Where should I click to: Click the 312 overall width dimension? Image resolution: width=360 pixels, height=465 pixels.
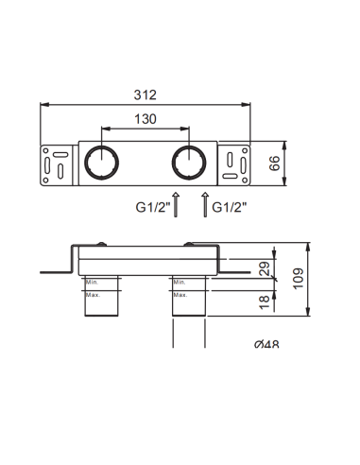(145, 95)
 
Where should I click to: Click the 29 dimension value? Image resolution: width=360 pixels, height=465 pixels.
(266, 269)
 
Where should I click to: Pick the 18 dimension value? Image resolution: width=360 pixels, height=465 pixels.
(266, 301)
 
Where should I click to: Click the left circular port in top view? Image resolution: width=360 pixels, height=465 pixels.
(99, 163)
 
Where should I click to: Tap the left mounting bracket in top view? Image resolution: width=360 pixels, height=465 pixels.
(57, 163)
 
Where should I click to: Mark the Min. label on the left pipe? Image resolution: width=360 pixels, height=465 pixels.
(93, 282)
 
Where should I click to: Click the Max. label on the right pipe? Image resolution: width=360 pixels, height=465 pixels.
(180, 294)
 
